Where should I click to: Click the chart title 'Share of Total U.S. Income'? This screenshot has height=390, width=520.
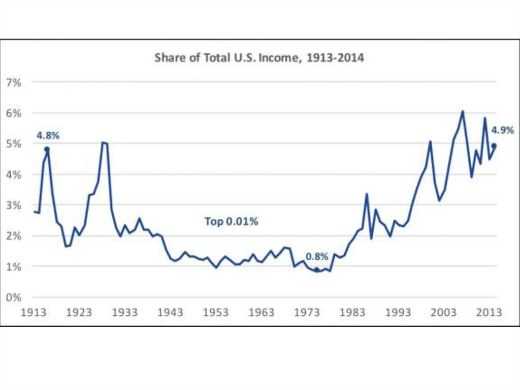coord(259,57)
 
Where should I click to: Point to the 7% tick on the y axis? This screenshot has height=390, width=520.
coord(27,82)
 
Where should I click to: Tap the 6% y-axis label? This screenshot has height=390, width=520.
coord(27,113)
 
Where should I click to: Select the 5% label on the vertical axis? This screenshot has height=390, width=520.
coord(27,143)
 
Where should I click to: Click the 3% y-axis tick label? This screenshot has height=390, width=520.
coord(27,205)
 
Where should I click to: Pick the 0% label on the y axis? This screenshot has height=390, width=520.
coord(27,297)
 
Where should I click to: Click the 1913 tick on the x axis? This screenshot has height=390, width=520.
coord(34,312)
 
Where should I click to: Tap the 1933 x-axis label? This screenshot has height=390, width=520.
coord(125,312)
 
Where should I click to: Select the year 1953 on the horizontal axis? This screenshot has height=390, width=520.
coord(216,312)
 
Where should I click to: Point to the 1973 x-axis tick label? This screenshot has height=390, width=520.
coord(307,312)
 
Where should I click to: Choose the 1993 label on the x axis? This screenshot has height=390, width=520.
coord(398,312)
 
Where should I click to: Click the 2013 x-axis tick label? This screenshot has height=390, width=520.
coord(489,312)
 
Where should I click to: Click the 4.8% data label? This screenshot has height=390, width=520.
coord(48,136)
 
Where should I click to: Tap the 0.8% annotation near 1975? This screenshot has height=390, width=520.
coord(317,257)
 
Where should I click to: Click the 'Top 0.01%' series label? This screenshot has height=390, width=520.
coord(232,222)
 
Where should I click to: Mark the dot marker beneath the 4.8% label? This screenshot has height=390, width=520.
coord(47,149)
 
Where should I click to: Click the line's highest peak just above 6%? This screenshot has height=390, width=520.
coord(462,111)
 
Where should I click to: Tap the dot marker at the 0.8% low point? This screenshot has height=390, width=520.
coord(317,271)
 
